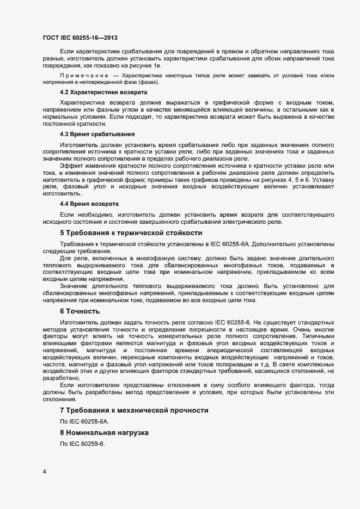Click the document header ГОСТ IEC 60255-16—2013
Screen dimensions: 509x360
[x=80, y=38]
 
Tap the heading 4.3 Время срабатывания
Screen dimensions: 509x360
[x=90, y=134]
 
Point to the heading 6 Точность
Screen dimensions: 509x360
[x=80, y=311]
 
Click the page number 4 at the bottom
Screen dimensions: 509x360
[x=45, y=471]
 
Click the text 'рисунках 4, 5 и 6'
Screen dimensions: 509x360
[x=278, y=179]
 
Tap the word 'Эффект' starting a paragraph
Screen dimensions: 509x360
[x=71, y=165]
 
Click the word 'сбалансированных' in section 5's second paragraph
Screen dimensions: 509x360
[x=174, y=265]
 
